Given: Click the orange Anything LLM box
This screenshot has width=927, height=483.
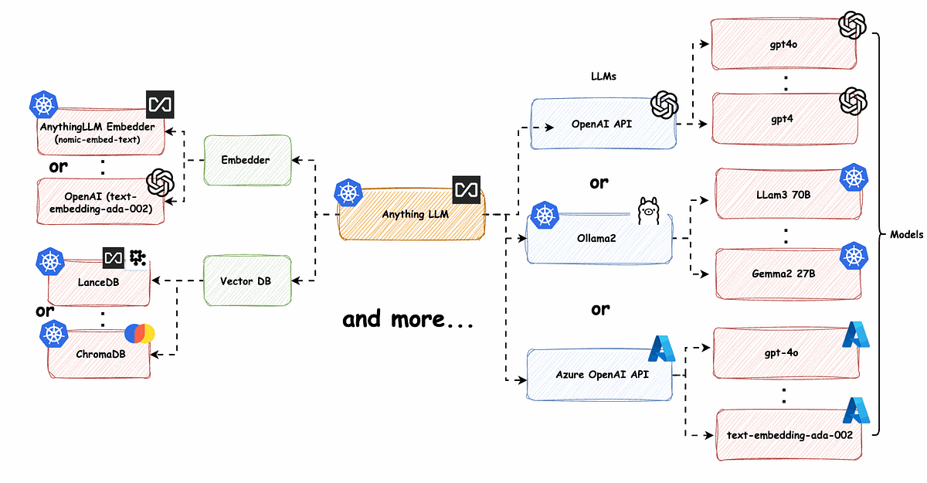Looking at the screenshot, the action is (x=412, y=214).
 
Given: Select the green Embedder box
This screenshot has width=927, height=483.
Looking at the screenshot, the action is (x=247, y=160).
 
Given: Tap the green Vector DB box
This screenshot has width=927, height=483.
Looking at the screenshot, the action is (x=247, y=281).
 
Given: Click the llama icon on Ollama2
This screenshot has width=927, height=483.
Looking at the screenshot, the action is (x=648, y=211).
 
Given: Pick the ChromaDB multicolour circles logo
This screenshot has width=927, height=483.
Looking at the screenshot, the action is (x=140, y=334).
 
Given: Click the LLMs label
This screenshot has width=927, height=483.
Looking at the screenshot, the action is (x=603, y=77).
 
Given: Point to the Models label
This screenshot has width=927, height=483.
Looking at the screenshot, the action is (x=906, y=235).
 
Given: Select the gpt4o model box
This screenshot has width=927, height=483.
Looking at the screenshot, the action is (x=784, y=44).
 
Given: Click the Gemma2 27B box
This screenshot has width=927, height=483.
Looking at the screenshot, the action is (x=789, y=274).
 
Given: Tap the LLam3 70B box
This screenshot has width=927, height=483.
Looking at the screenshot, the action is (x=789, y=194).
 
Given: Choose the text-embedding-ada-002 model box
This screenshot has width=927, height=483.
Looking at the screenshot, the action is (x=789, y=434).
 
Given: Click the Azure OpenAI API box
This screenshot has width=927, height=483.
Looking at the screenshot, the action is (x=599, y=375).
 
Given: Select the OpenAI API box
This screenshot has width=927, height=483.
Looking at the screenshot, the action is (x=604, y=124).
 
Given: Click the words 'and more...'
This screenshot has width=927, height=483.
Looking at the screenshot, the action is (x=408, y=319).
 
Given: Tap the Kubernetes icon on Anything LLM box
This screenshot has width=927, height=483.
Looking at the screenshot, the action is (x=348, y=192).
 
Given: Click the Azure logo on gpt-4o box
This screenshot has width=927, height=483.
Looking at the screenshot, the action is (x=856, y=335).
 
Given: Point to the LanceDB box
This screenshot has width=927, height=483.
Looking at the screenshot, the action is (x=99, y=283).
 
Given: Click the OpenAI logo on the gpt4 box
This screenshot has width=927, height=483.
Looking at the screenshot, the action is (x=853, y=101).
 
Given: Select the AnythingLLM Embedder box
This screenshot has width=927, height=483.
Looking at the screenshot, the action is (x=101, y=131).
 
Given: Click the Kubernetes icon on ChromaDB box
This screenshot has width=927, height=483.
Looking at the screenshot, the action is (x=54, y=334).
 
